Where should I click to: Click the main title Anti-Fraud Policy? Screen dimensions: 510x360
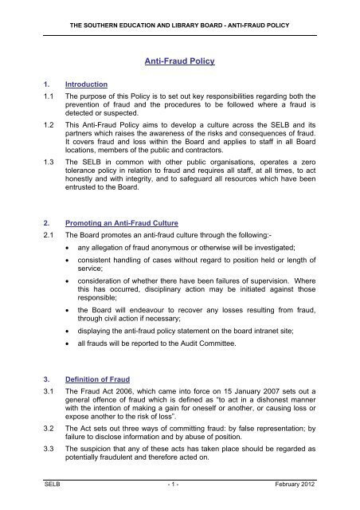click(180, 58)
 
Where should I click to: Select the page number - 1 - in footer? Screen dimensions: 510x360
click(180, 500)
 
